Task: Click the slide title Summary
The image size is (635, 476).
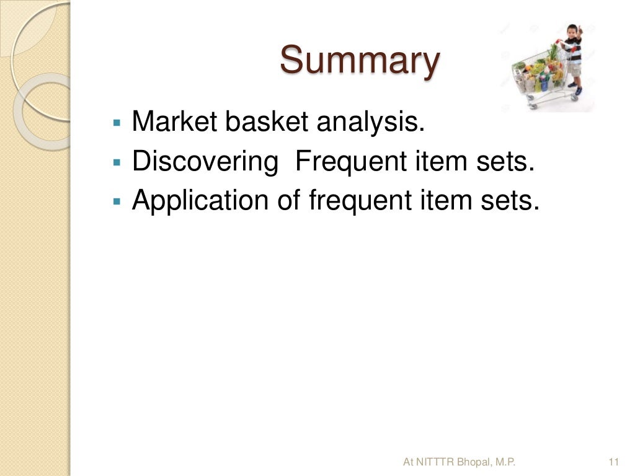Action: pos(360,61)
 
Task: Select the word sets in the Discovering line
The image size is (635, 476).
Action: pos(505,161)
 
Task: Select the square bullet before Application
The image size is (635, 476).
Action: pos(116,201)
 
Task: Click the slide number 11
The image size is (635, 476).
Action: pos(615,462)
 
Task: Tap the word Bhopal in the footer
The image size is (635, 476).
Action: pos(473,462)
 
